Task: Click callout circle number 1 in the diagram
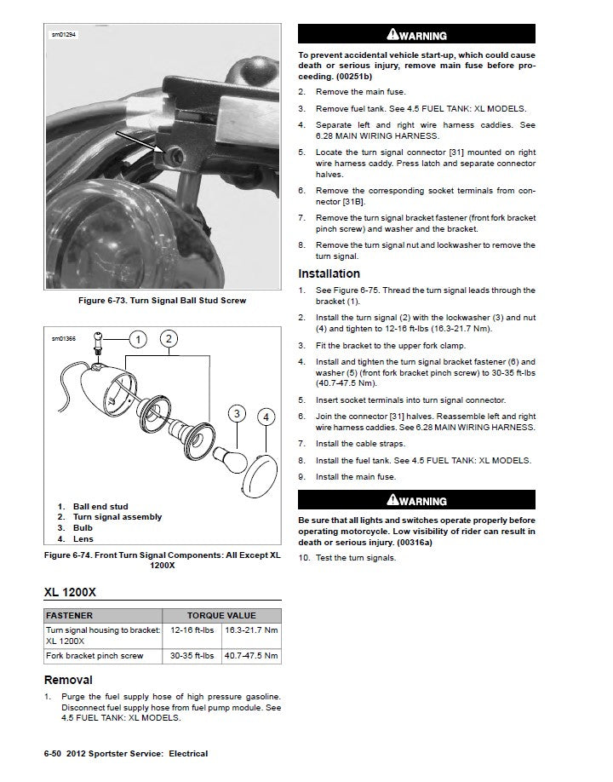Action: [135, 340]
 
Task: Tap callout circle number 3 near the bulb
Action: [236, 415]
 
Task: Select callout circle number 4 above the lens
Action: [266, 417]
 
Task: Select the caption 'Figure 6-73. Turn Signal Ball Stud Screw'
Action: [162, 300]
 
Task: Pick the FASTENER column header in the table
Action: [70, 615]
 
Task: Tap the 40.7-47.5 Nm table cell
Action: [252, 656]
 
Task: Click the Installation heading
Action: [329, 273]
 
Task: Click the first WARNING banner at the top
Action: [416, 36]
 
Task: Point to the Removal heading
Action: [68, 680]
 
